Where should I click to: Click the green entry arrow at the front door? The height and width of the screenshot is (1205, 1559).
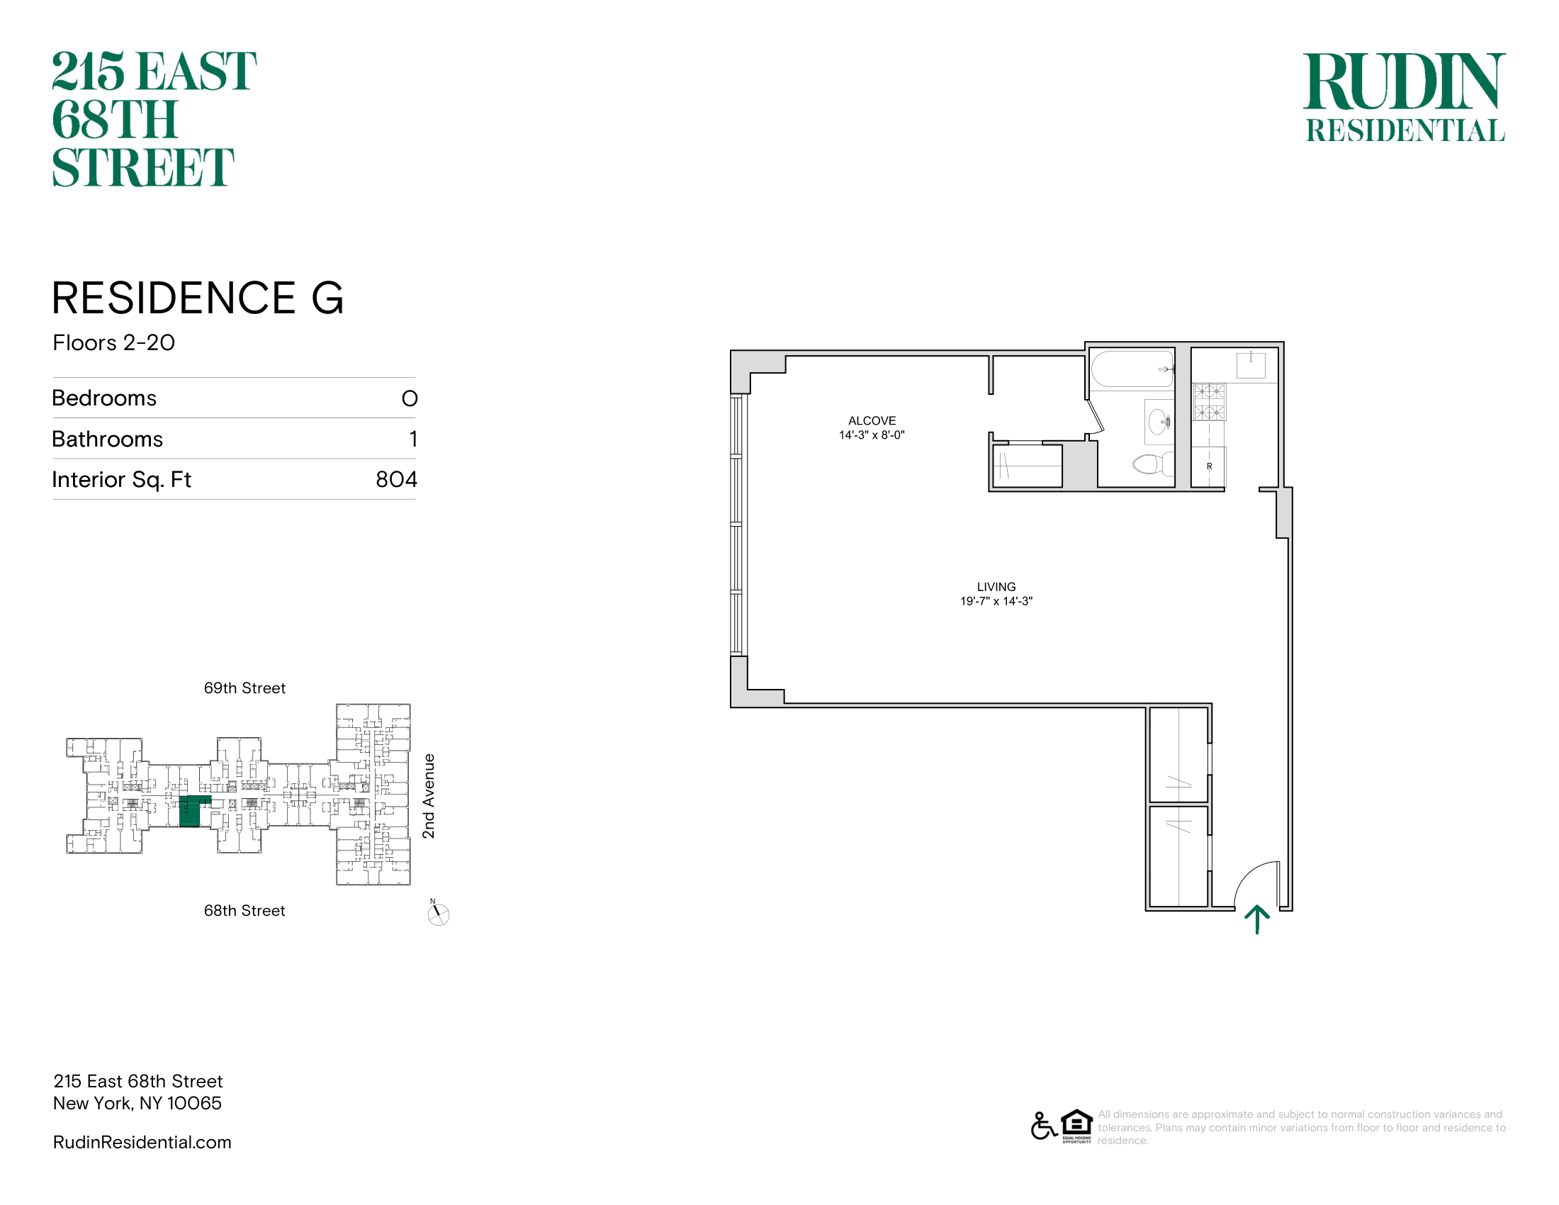pyautogui.click(x=1257, y=919)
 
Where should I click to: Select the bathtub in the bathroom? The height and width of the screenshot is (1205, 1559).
pyautogui.click(x=1133, y=369)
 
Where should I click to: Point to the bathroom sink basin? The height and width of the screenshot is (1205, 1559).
pyautogui.click(x=1159, y=422)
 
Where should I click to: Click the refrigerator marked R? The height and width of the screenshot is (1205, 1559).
pyautogui.click(x=1208, y=467)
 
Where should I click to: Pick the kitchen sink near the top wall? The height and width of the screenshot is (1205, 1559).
pyautogui.click(x=1251, y=365)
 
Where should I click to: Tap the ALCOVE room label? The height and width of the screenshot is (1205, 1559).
pyautogui.click(x=872, y=420)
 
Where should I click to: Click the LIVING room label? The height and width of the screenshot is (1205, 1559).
pyautogui.click(x=996, y=587)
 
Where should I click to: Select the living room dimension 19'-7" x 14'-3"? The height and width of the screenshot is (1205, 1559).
pyautogui.click(x=996, y=601)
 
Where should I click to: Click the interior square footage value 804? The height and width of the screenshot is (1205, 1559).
pyautogui.click(x=396, y=479)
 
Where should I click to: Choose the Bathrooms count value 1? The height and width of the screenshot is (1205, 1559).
pyautogui.click(x=413, y=439)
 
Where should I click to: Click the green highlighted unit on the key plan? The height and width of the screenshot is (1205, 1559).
pyautogui.click(x=191, y=811)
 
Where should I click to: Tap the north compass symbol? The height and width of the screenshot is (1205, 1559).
pyautogui.click(x=437, y=913)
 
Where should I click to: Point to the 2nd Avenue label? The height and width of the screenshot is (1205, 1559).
pyautogui.click(x=428, y=796)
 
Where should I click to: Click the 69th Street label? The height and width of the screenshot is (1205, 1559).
pyautogui.click(x=245, y=688)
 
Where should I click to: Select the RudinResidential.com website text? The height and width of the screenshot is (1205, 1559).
pyautogui.click(x=142, y=1142)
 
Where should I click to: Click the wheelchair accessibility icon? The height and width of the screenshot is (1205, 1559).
pyautogui.click(x=1044, y=1126)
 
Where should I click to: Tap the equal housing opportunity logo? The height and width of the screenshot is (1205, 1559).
pyautogui.click(x=1076, y=1126)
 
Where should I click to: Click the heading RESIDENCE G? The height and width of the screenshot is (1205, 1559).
pyautogui.click(x=198, y=298)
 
